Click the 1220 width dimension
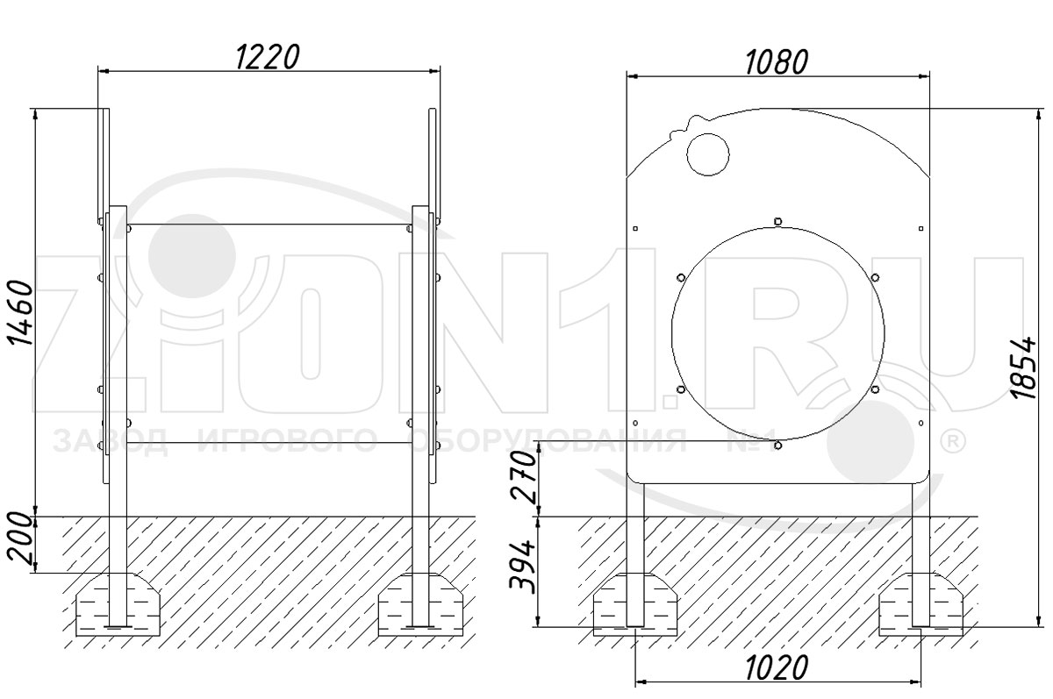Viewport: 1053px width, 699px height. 267,57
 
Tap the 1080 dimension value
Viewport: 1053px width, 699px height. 777,62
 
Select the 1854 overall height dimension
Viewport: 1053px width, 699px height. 1025,367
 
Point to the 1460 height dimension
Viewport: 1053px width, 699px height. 21,313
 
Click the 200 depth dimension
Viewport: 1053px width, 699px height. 21,539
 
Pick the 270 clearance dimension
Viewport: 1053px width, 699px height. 524,477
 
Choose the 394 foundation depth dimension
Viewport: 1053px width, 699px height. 523,567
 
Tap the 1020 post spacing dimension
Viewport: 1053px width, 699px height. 777,667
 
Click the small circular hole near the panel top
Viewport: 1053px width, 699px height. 707,154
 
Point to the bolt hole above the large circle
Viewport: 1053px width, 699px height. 778,221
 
